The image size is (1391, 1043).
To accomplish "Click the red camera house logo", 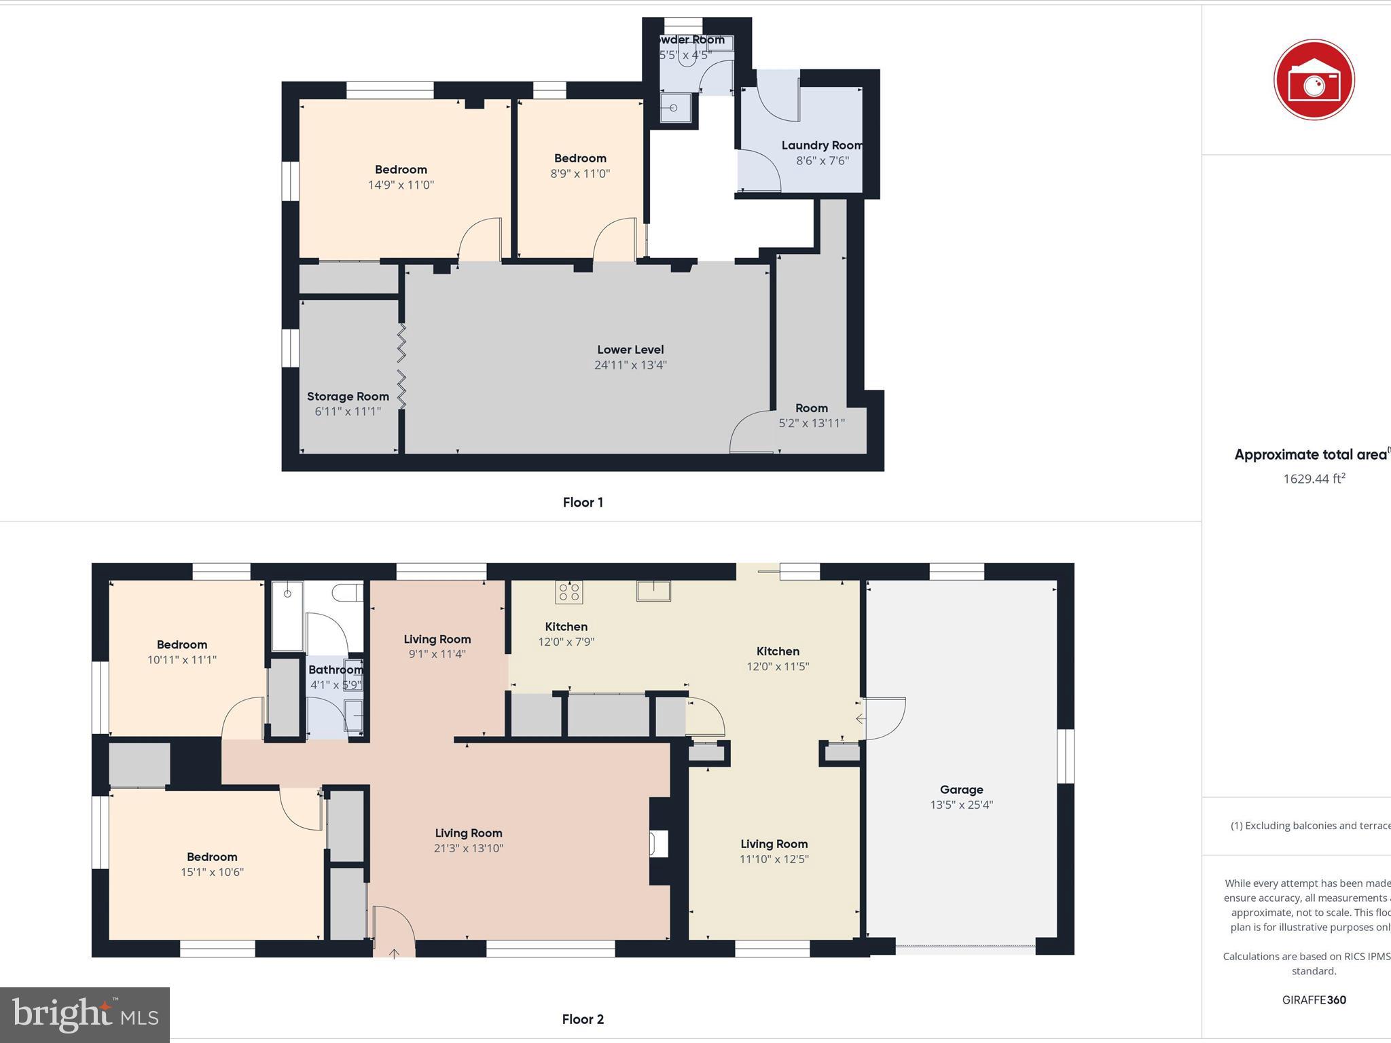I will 1314,80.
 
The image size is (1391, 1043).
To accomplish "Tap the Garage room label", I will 961,790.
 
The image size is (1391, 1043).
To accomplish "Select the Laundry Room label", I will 822,145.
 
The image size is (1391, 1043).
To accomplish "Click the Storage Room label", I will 348,397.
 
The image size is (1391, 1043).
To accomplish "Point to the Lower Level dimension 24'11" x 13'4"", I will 630,365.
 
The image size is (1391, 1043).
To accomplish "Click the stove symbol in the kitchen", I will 568,592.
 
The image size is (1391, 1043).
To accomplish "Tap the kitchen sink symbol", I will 653,591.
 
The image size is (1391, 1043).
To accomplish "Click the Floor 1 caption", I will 583,502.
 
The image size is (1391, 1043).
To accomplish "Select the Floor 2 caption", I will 583,1019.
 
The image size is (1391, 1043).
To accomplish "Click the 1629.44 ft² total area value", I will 1314,479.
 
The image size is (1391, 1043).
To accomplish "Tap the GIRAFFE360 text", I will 1314,1000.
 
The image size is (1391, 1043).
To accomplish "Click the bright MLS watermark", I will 85,1014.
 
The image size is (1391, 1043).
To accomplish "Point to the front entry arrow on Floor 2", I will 394,953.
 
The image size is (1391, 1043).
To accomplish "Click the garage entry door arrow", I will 861,718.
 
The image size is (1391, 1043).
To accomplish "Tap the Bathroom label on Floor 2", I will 336,670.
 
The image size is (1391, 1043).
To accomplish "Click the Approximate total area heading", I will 1310,455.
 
